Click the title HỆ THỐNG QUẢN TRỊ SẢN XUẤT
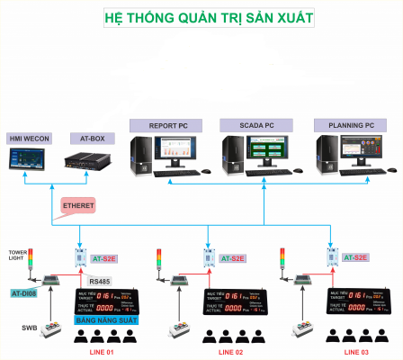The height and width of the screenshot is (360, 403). pyautogui.click(x=201, y=16)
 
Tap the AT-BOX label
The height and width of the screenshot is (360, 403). pyautogui.click(x=86, y=138)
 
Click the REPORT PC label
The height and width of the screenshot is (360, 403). pyautogui.click(x=169, y=125)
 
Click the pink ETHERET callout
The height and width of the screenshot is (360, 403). pyautogui.click(x=79, y=206)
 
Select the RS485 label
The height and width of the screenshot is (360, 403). pyautogui.click(x=99, y=282)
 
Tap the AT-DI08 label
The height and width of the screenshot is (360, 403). pyautogui.click(x=26, y=293)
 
